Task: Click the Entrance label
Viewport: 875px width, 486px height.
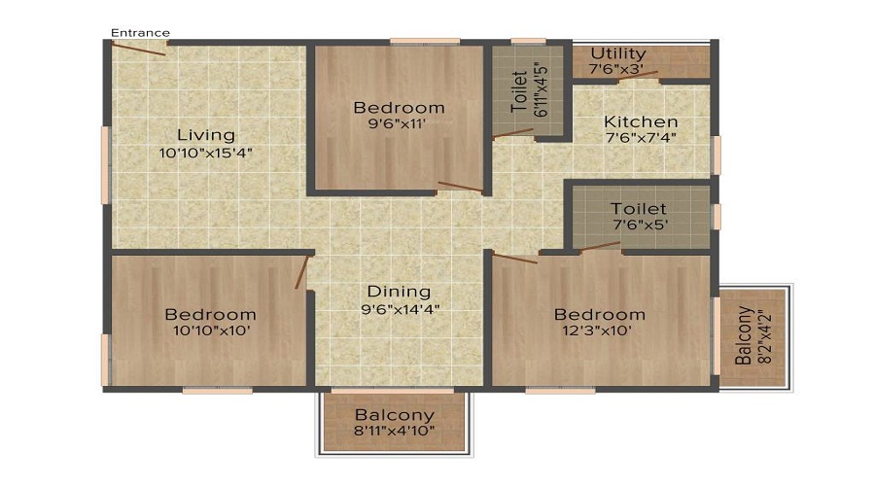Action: (x=140, y=33)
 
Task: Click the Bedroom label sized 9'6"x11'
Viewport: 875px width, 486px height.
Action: (x=399, y=107)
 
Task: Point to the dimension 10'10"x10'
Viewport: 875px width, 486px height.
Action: (x=210, y=331)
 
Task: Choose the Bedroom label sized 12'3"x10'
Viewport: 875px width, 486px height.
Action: (x=599, y=314)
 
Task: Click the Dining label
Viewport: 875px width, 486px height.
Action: (x=399, y=292)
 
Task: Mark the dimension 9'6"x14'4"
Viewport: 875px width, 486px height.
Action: (x=399, y=310)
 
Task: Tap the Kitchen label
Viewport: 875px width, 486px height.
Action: (x=641, y=121)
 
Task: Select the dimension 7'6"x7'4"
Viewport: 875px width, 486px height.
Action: (x=641, y=138)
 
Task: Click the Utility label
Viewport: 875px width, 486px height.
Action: (x=617, y=53)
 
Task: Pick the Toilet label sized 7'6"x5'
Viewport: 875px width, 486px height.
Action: (x=638, y=209)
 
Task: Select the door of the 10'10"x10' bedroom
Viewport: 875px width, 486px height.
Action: (x=302, y=271)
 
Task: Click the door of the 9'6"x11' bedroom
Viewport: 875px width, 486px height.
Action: (x=460, y=187)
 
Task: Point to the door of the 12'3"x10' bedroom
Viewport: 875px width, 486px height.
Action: (x=514, y=258)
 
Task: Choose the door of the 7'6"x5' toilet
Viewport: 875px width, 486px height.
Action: (x=600, y=247)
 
